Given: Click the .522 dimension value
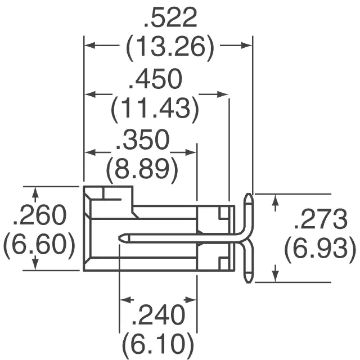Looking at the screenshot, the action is [170, 18].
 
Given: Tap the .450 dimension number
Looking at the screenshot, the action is [155, 79].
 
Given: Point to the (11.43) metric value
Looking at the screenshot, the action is [155, 108].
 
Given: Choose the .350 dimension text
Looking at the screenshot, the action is [142, 139].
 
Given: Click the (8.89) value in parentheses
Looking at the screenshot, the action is [142, 169].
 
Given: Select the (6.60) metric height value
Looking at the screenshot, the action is [39, 244].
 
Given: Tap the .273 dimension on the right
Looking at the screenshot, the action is [321, 219].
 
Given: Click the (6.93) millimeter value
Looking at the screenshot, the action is [320, 249].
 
